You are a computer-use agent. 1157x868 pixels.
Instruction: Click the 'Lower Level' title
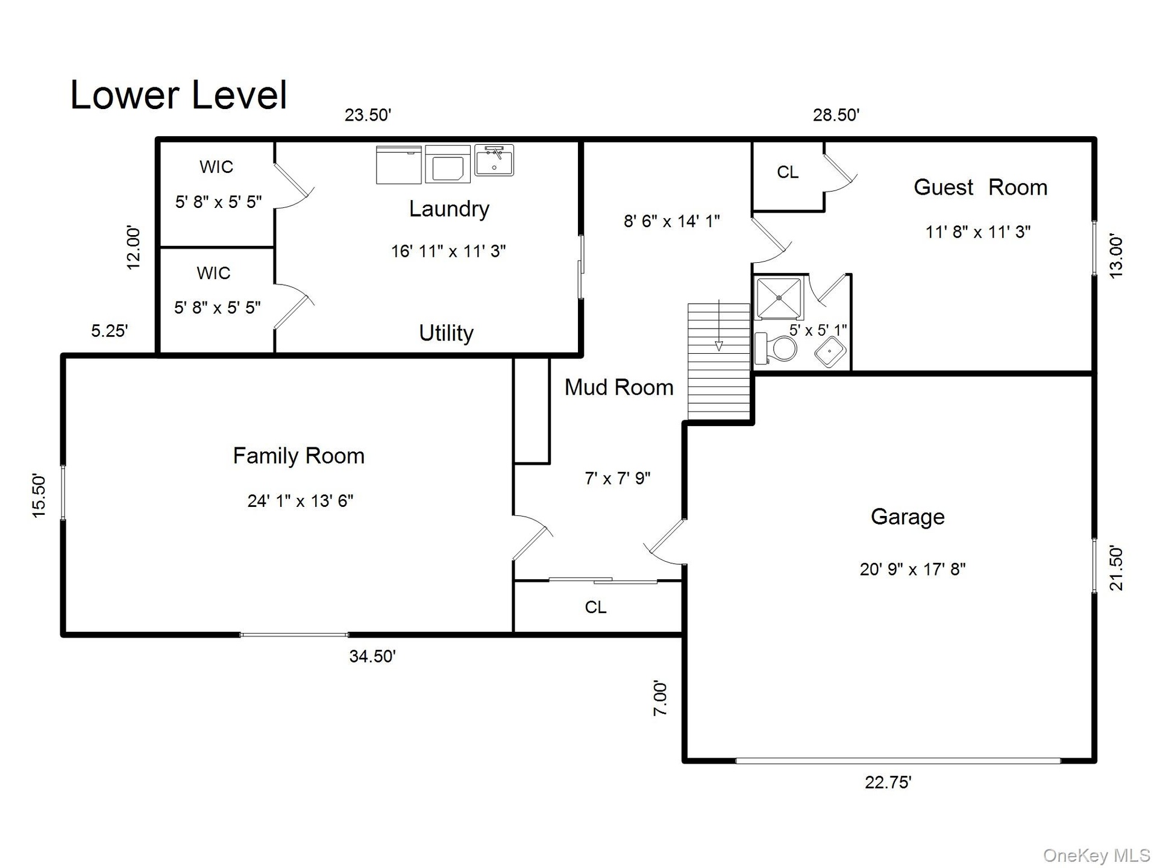pos(178,95)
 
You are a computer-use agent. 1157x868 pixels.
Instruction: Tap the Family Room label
pos(299,456)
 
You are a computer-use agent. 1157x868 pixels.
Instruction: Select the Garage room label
pos(908,517)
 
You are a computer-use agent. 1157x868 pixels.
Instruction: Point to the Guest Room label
pos(980,187)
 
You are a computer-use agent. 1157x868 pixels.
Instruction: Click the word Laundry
pos(449,209)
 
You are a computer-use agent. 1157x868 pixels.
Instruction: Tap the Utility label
pos(446,333)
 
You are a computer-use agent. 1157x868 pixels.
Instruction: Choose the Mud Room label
pos(619,387)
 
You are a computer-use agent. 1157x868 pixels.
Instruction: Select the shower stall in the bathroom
pos(779,298)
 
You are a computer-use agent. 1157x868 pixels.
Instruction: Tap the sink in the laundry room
pos(494,160)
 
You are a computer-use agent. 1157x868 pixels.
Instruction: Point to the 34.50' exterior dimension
pos(372,656)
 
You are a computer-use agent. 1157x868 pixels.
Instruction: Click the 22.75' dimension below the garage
pos(888,782)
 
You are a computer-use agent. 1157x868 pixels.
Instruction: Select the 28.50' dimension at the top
pos(836,115)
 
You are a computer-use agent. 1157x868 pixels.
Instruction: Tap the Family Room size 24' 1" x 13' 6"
pos(300,501)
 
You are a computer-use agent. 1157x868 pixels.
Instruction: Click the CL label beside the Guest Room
pos(788,172)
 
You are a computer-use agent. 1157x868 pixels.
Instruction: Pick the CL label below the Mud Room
pos(595,607)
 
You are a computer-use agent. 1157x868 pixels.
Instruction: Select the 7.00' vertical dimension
pos(660,699)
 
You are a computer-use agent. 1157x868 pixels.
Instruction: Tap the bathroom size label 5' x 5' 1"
pos(818,330)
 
